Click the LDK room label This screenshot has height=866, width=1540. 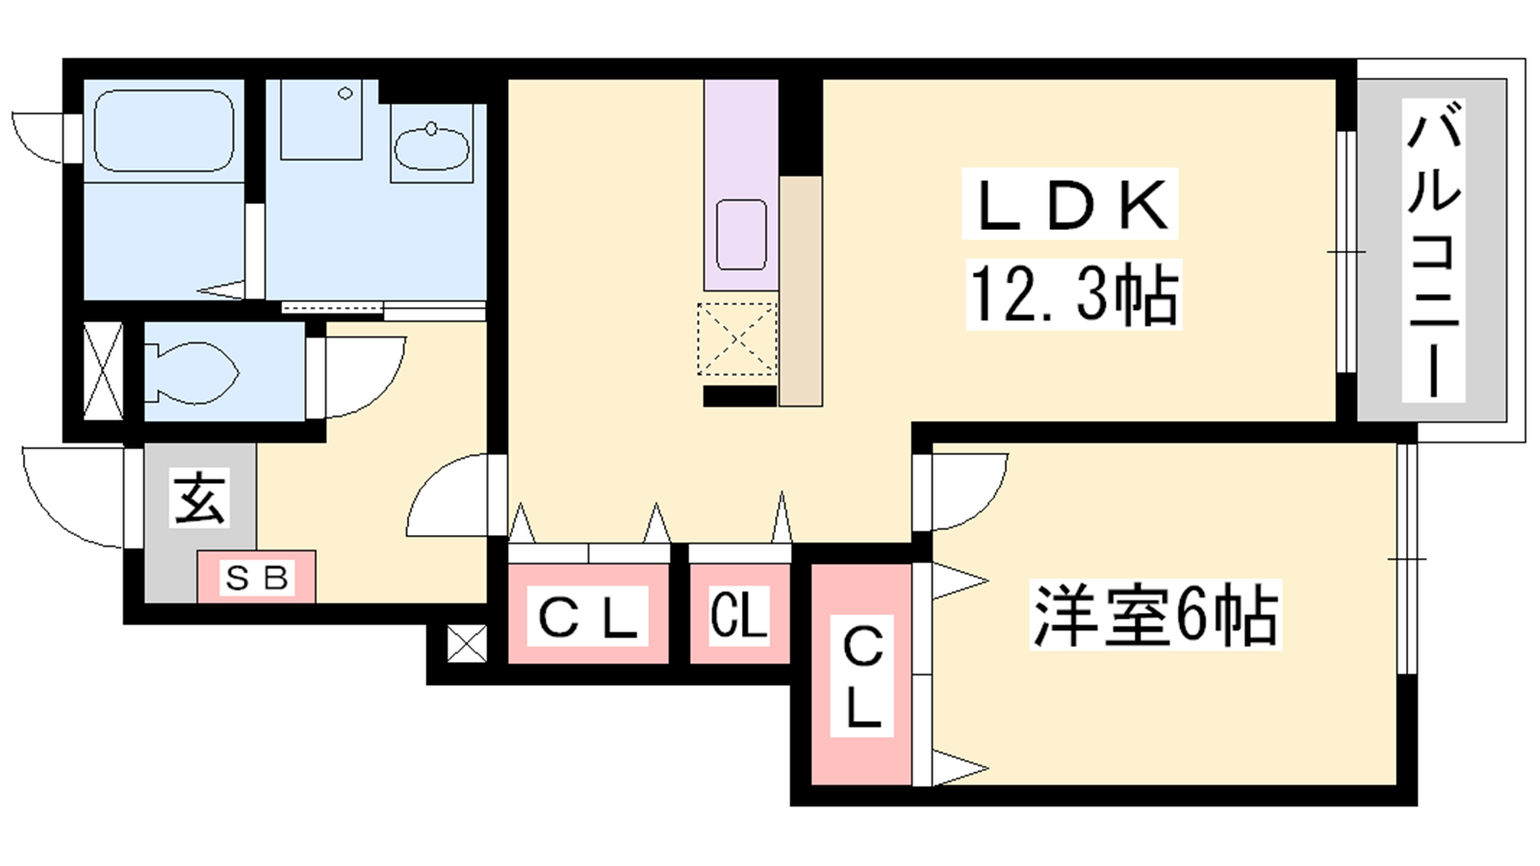tap(1069, 204)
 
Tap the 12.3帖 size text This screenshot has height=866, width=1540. tap(1073, 294)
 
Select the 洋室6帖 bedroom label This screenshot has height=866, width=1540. tap(1155, 615)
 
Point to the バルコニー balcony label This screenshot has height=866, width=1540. tap(1433, 250)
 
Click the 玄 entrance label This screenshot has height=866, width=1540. tap(199, 498)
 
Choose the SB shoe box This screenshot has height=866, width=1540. tap(256, 576)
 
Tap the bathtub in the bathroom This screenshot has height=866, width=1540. tap(164, 131)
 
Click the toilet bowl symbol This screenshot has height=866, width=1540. tap(192, 371)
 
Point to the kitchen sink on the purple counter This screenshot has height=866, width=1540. tap(741, 235)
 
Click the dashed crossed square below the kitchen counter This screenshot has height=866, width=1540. tap(737, 340)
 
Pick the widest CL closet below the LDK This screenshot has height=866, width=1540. tap(588, 614)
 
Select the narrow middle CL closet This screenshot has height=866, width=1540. tap(739, 614)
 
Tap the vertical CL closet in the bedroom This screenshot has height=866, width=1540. tap(861, 675)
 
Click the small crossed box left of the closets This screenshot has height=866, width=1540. tap(467, 644)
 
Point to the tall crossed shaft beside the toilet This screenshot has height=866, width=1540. tap(103, 370)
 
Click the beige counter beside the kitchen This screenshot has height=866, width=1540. tap(801, 291)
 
